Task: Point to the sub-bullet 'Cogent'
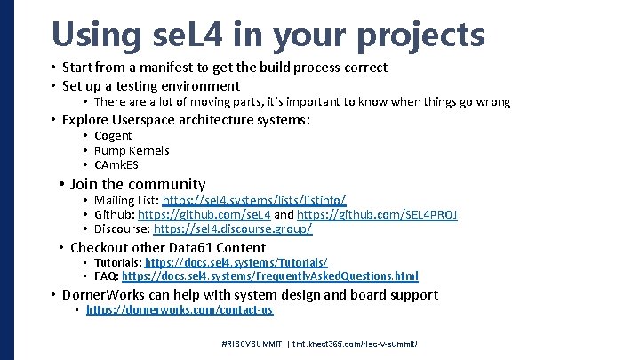point(113,135)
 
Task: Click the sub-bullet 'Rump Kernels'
point(132,150)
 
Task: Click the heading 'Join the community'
point(138,184)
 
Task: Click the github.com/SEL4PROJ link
point(377,215)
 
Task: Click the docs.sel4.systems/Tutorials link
point(236,263)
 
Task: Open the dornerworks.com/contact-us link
point(180,310)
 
